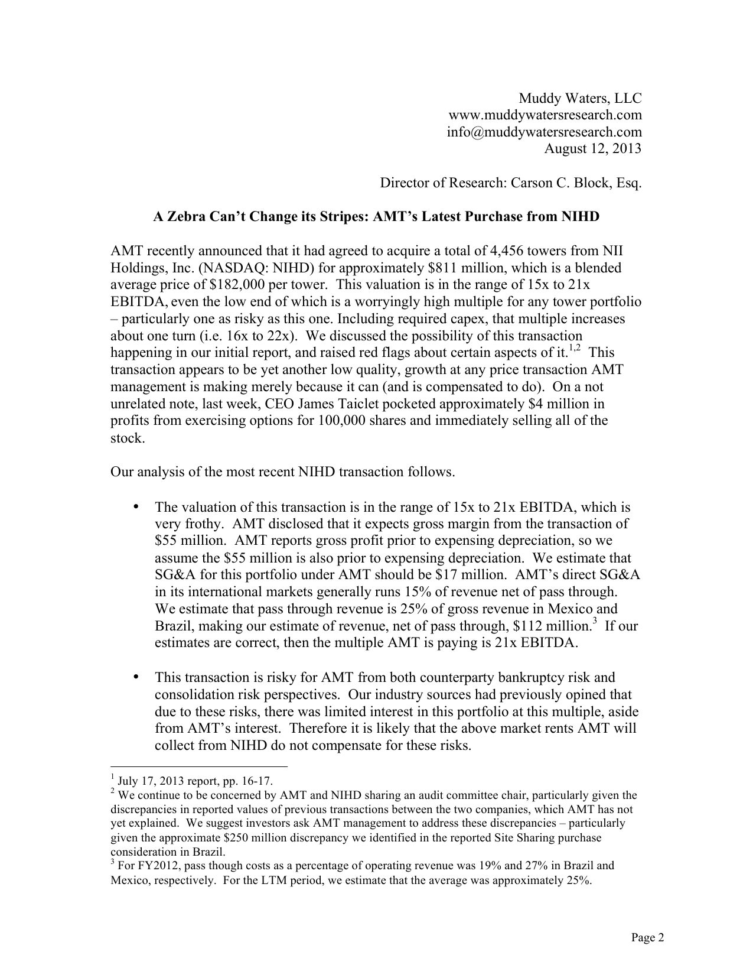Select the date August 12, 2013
592,148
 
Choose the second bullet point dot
136,677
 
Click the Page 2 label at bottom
648,938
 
